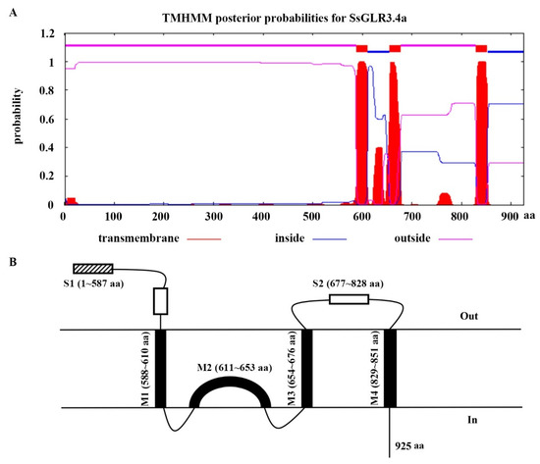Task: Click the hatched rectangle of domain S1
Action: pyautogui.click(x=94, y=268)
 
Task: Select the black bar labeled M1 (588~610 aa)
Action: pyautogui.click(x=160, y=368)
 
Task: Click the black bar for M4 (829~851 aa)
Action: pyautogui.click(x=391, y=368)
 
